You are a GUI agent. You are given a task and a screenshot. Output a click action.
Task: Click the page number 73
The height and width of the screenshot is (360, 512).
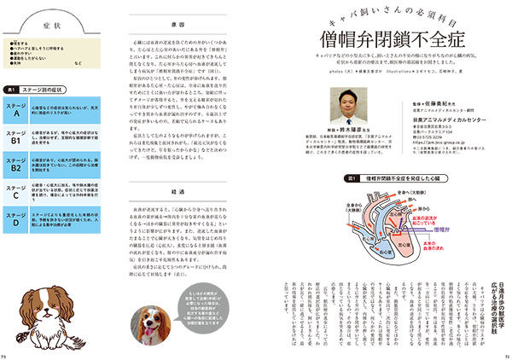(4, 355)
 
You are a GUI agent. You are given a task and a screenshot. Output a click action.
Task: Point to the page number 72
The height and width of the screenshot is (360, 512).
(507, 355)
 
